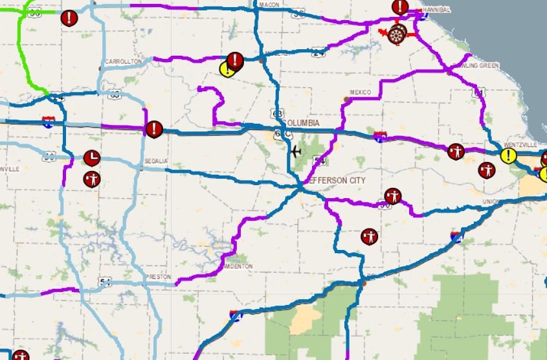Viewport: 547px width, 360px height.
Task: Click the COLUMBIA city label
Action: tap(301, 123)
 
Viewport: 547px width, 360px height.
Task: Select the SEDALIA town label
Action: tap(155, 160)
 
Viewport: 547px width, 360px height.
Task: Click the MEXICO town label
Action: tap(359, 92)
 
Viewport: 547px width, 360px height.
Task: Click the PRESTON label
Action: tap(158, 276)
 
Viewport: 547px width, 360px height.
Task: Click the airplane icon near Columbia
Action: tap(296, 152)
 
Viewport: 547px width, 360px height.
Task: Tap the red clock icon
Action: tap(92, 157)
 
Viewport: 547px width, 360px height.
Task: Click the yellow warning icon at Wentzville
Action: tap(508, 155)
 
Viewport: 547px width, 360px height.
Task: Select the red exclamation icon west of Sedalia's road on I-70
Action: tap(153, 129)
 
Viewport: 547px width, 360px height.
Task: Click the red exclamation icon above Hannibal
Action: tap(401, 8)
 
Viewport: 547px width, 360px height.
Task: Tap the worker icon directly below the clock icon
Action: tap(91, 178)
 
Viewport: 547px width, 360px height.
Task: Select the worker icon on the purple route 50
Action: tap(393, 196)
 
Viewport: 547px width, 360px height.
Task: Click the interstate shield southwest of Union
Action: tap(456, 236)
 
